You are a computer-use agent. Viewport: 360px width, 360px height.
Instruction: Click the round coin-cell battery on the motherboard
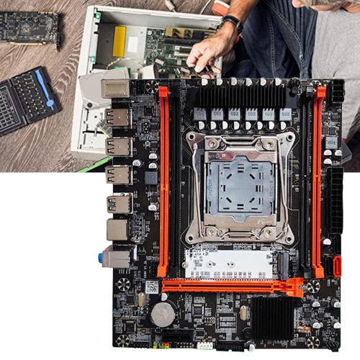[163, 313]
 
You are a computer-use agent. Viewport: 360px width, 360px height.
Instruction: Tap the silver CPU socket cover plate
[239, 189]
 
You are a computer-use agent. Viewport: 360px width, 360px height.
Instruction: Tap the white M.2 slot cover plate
[229, 263]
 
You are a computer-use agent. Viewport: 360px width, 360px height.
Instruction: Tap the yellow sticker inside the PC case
[120, 39]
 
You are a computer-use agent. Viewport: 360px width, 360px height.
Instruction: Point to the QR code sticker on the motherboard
[151, 287]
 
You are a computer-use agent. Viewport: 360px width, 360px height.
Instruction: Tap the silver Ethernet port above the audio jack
[117, 229]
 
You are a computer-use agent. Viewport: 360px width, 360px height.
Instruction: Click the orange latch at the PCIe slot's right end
[295, 288]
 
